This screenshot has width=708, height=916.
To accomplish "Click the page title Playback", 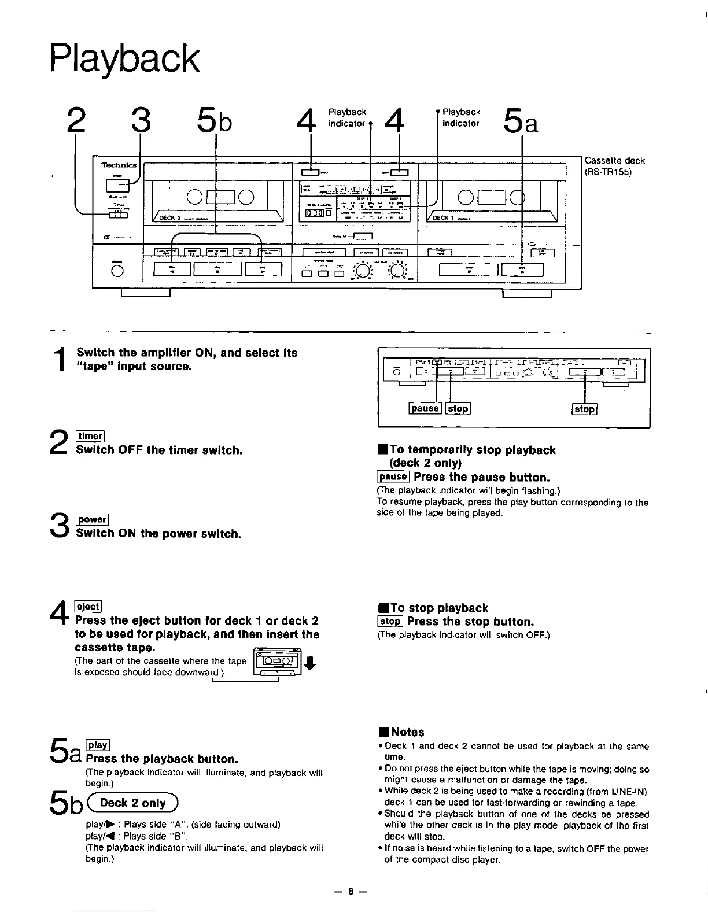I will click(124, 59).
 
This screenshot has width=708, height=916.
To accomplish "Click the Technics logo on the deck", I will click(119, 165).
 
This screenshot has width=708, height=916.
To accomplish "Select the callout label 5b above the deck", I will click(215, 121).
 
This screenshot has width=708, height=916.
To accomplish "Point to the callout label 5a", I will click(521, 121).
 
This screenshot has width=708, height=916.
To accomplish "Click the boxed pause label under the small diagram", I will click(425, 408).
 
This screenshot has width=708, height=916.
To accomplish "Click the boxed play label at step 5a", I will click(98, 745).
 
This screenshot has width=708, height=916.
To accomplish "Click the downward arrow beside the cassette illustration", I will click(310, 664).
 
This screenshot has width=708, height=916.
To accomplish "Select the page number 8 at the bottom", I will click(351, 891).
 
